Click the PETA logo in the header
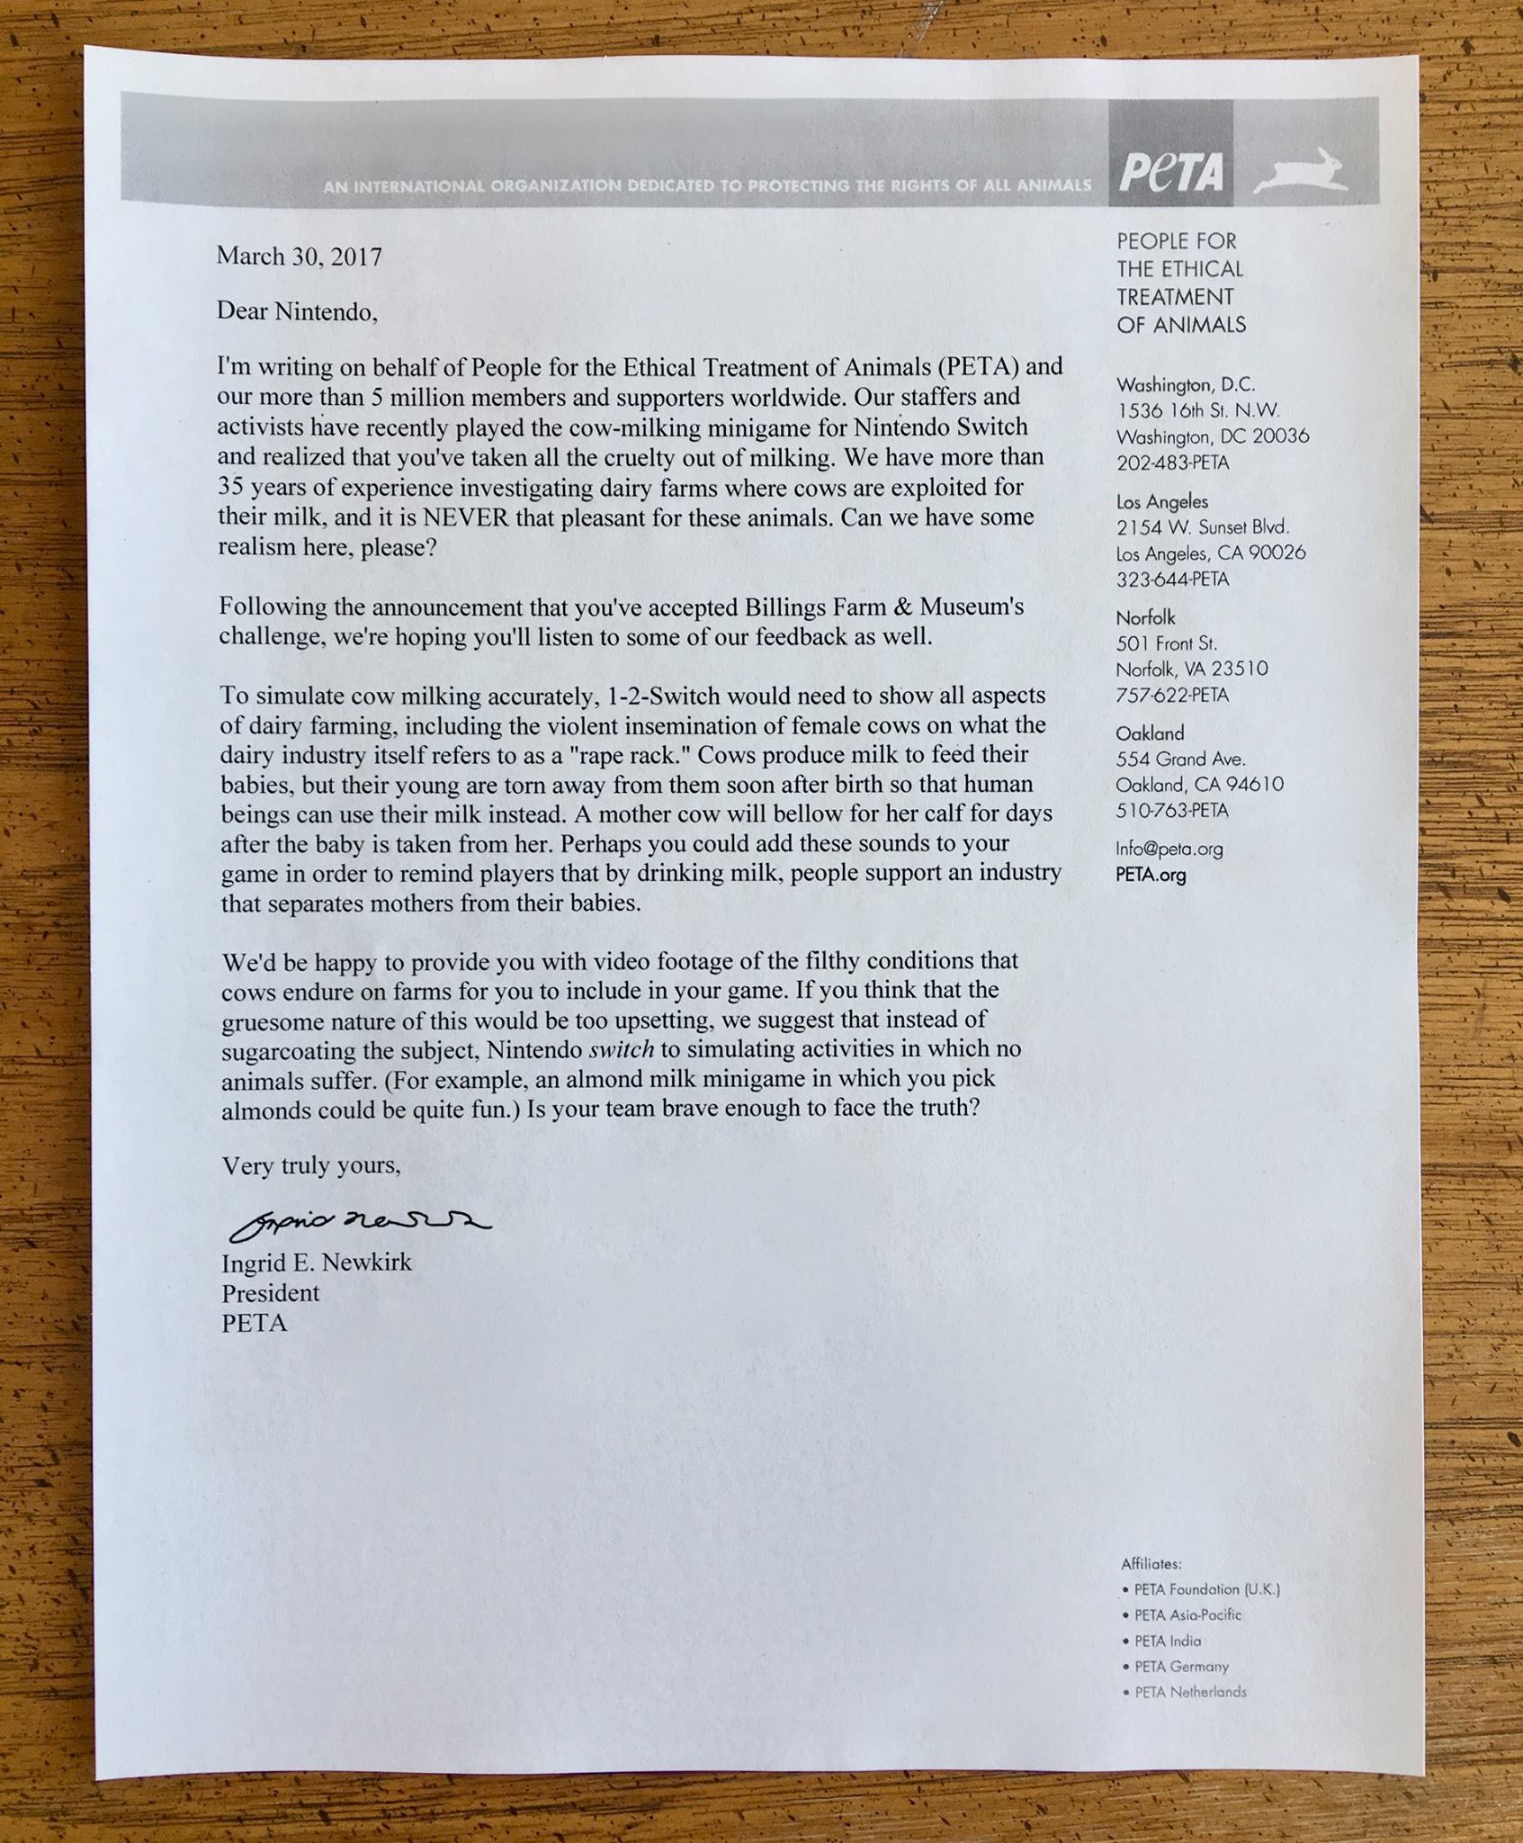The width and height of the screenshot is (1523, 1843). coord(1171,171)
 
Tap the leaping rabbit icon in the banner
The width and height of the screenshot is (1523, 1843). coord(1301,170)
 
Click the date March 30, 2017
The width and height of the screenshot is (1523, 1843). coord(299,256)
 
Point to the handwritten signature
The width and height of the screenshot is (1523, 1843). coord(360,1222)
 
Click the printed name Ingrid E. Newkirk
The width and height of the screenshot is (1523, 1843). coord(317,1263)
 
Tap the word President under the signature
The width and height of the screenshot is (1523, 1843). coord(271,1293)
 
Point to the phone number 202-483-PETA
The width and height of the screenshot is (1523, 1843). coord(1172,463)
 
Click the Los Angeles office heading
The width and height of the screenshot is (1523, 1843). coord(1161,501)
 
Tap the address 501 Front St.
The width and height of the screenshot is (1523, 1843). coord(1166,643)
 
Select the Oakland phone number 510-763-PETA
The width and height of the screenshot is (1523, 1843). coord(1171,810)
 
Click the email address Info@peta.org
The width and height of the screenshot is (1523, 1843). coord(1169,849)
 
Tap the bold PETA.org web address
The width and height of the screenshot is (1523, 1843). coord(1151,875)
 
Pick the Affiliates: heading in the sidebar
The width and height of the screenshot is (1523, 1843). coord(1151,1564)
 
